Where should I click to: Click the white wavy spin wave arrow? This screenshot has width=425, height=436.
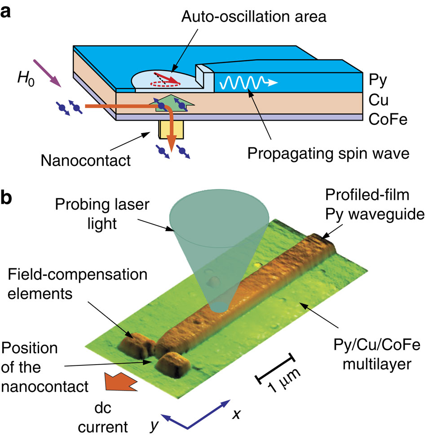click(x=247, y=83)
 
